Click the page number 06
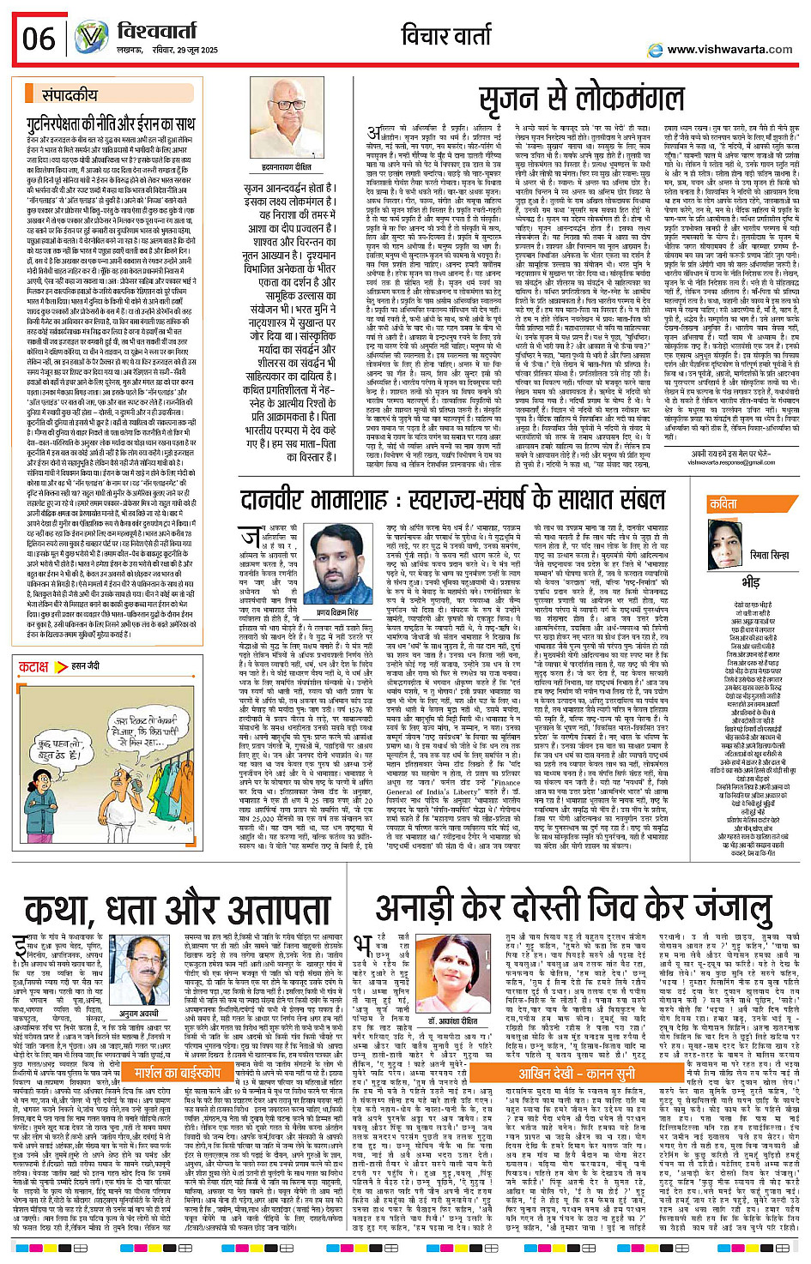(39, 39)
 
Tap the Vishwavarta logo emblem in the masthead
(91, 38)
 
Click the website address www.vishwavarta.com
(729, 49)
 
